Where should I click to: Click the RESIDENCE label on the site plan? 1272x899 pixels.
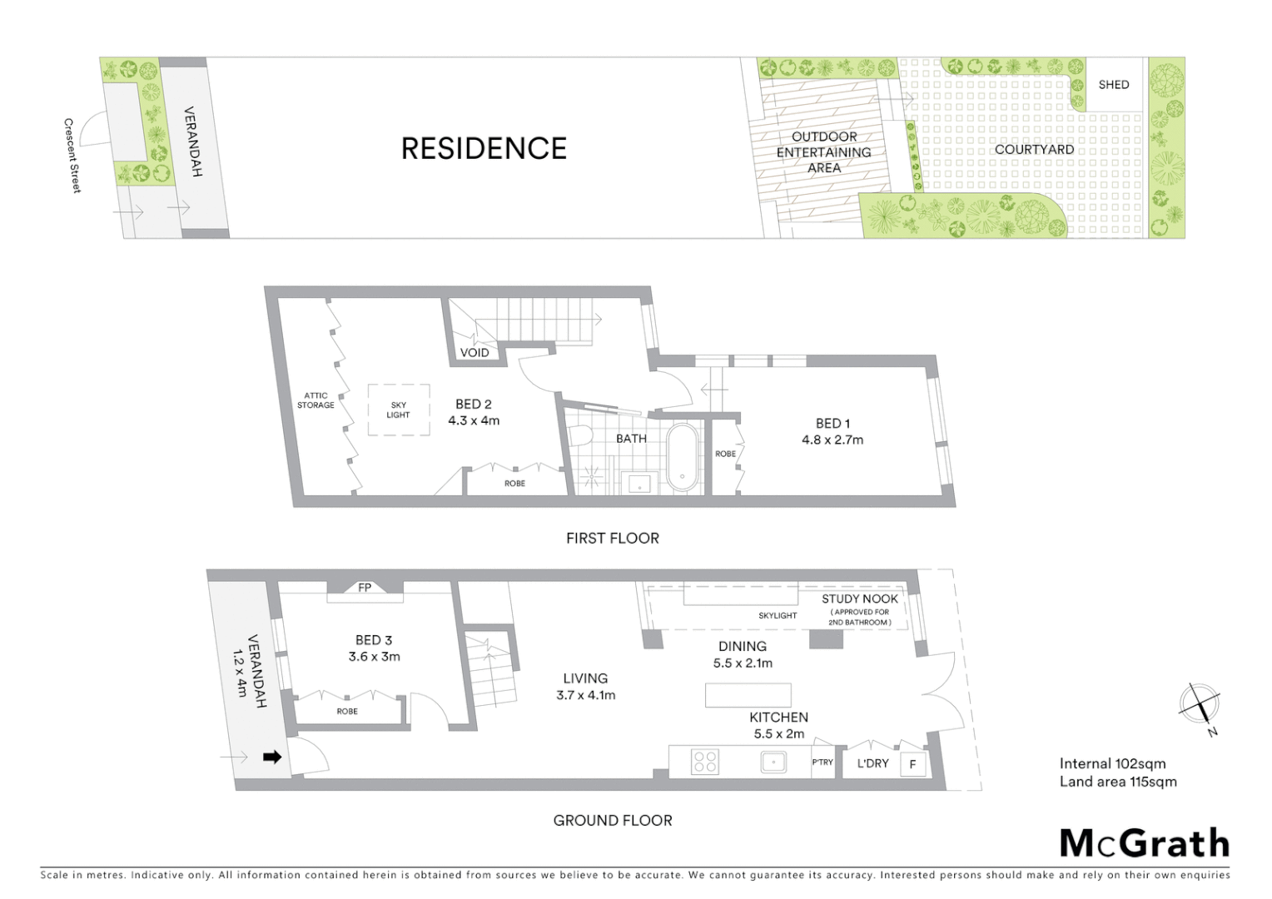point(484,148)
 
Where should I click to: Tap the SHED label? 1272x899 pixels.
point(1113,85)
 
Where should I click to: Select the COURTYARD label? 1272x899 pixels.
point(1034,150)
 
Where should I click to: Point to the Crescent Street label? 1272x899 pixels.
point(72,156)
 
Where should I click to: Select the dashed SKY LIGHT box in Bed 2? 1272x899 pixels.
point(399,410)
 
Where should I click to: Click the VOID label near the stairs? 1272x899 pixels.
point(475,353)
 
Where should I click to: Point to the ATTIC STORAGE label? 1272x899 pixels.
point(316,400)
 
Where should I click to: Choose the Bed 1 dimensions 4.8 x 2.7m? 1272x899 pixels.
point(832,440)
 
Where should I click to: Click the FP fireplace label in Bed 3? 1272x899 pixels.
point(365,588)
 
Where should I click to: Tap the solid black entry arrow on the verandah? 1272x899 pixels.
point(272,757)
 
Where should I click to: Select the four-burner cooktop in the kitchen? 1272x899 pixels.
point(705,762)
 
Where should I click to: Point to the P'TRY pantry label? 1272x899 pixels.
point(822,762)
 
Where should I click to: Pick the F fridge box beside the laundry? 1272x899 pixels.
point(913,764)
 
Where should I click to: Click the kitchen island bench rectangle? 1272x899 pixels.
point(748,695)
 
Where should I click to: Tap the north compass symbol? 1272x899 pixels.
point(1200,703)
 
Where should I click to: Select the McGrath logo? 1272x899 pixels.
point(1144,843)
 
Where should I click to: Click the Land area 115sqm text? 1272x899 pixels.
point(1118,782)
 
